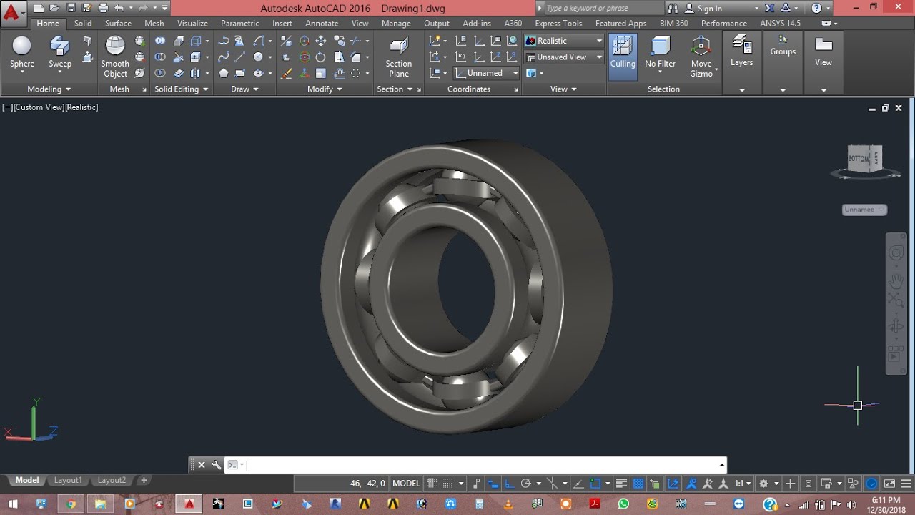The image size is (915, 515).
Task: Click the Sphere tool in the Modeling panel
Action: tap(22, 52)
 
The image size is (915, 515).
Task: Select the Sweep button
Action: tap(60, 52)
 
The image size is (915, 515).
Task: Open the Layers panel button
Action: tap(741, 52)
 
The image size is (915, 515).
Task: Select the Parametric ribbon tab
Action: tap(240, 24)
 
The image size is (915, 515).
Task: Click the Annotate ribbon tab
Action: tap(322, 24)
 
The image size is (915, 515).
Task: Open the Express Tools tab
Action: tap(558, 24)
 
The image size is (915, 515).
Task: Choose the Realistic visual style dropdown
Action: tap(564, 41)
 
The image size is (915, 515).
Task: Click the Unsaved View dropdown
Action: tap(564, 57)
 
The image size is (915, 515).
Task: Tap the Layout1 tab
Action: tap(69, 481)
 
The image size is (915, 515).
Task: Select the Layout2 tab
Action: tap(112, 481)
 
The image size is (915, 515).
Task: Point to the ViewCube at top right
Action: tap(864, 160)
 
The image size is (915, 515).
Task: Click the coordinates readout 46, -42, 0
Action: tap(367, 484)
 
